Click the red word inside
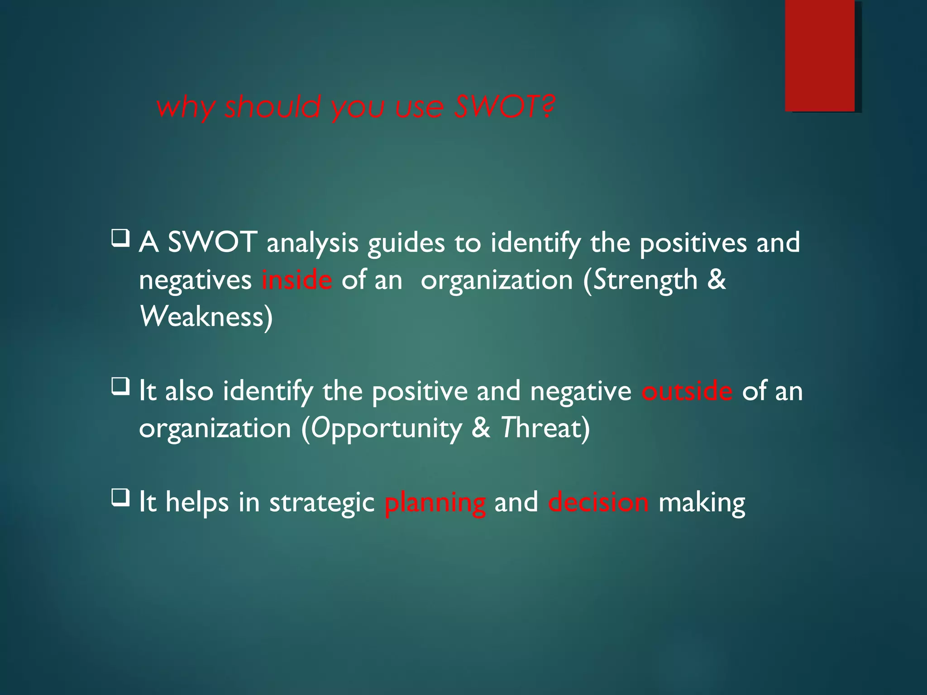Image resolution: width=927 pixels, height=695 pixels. pyautogui.click(x=297, y=280)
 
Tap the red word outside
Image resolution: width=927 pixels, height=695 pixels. pyautogui.click(x=686, y=391)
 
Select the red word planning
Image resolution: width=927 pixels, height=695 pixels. pyautogui.click(x=435, y=503)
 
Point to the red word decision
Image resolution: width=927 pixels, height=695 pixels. pyautogui.click(x=598, y=503)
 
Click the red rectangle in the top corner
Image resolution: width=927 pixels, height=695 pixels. pyautogui.click(x=820, y=55)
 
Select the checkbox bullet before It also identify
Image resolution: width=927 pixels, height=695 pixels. pyautogui.click(x=120, y=387)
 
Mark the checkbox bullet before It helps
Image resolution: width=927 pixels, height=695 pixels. pyautogui.click(x=120, y=498)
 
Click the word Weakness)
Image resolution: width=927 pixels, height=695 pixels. pyautogui.click(x=206, y=317)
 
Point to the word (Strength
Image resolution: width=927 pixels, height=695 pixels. pyautogui.click(x=640, y=280)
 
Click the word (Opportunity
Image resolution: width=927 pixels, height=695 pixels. pyautogui.click(x=381, y=428)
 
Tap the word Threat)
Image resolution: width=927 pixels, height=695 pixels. pyautogui.click(x=545, y=428)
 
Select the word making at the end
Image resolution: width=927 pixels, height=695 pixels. pyautogui.click(x=701, y=503)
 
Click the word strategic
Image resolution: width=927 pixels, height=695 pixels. pyautogui.click(x=322, y=503)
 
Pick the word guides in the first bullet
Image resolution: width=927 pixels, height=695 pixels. pyautogui.click(x=406, y=243)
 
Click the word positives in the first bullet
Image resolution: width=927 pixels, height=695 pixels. pyautogui.click(x=693, y=243)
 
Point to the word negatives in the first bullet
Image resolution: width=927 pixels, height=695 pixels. pyautogui.click(x=195, y=280)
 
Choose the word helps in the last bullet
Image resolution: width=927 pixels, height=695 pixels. pyautogui.click(x=197, y=503)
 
